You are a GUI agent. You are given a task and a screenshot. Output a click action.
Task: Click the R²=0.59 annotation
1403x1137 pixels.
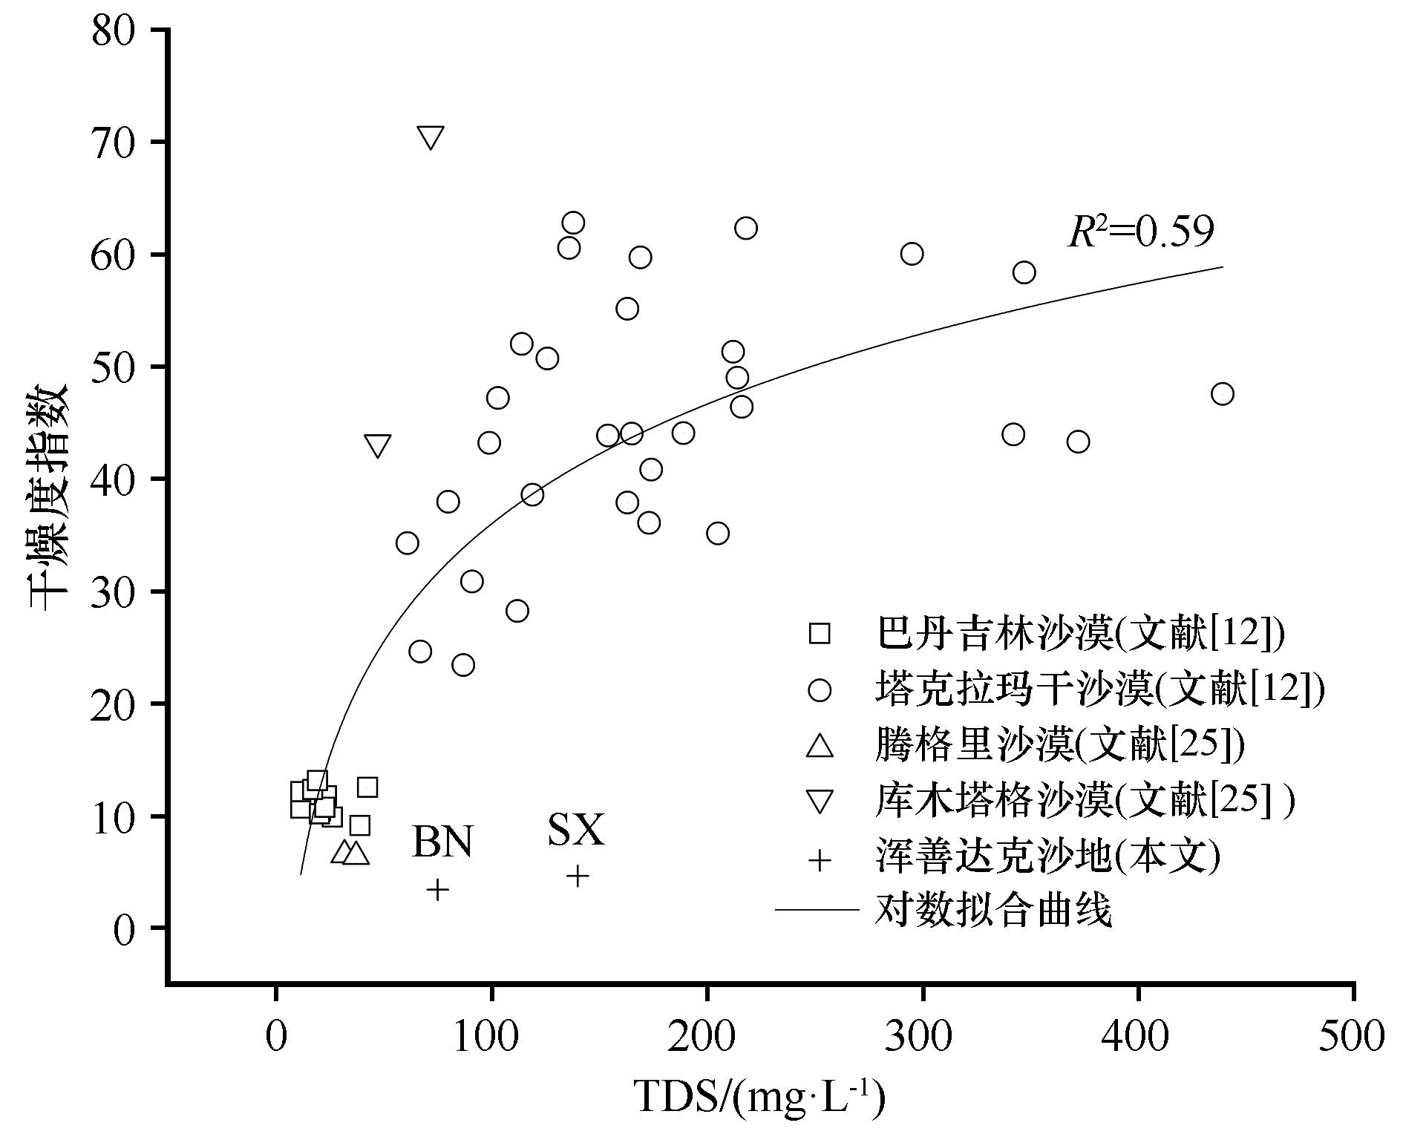coord(1142,232)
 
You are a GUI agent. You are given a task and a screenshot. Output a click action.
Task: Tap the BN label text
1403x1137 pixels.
coord(442,842)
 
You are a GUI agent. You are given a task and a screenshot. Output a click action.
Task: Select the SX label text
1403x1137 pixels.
coord(577,830)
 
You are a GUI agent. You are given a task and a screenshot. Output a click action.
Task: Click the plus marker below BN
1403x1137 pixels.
coord(438,889)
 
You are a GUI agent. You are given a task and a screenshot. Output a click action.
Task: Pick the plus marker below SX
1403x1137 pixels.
coord(578,876)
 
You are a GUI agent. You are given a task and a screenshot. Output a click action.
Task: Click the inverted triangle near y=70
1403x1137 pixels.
coord(431,137)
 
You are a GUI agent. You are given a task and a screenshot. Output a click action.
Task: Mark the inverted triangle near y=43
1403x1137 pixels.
coord(378,446)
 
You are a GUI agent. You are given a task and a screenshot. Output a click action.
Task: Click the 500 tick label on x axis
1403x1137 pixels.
coord(1351,1036)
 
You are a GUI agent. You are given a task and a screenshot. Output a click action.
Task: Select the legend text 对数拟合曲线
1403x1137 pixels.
coord(993,910)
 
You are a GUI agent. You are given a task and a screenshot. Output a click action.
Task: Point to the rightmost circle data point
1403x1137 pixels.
coord(1222,393)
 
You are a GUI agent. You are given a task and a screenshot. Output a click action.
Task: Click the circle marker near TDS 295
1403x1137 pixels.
coord(912,254)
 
